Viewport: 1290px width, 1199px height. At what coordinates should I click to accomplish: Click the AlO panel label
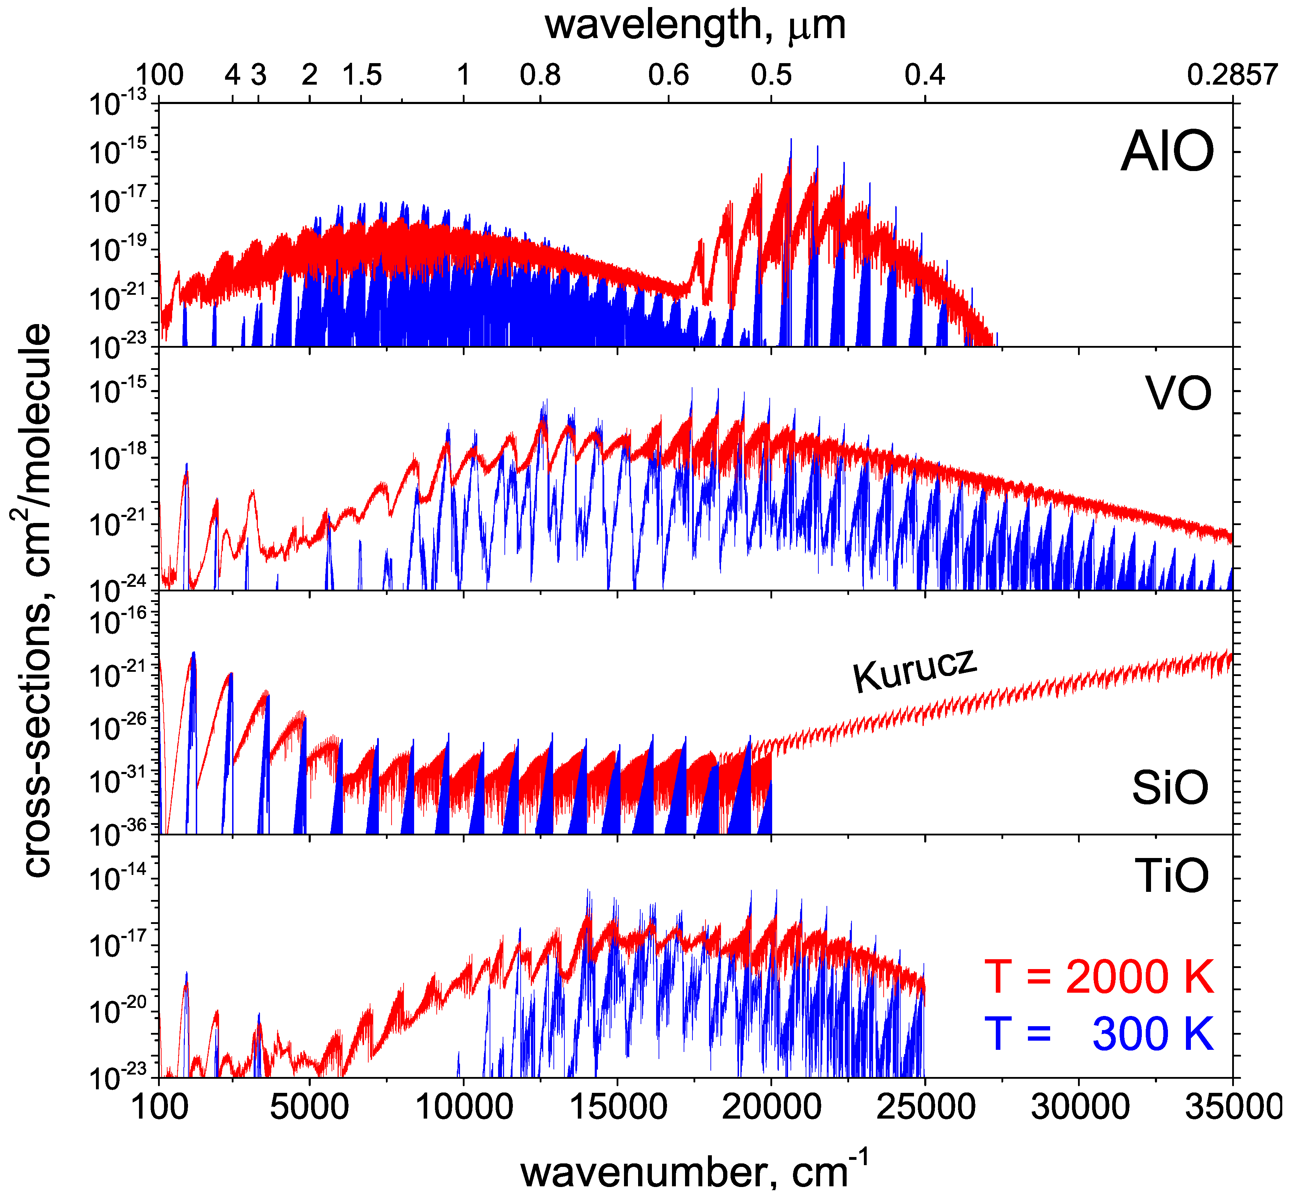1167,152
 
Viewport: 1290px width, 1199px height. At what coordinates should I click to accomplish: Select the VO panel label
1179,394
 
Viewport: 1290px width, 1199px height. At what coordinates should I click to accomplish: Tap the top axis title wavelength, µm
694,25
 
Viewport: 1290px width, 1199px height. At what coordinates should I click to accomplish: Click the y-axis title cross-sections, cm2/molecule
31,600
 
